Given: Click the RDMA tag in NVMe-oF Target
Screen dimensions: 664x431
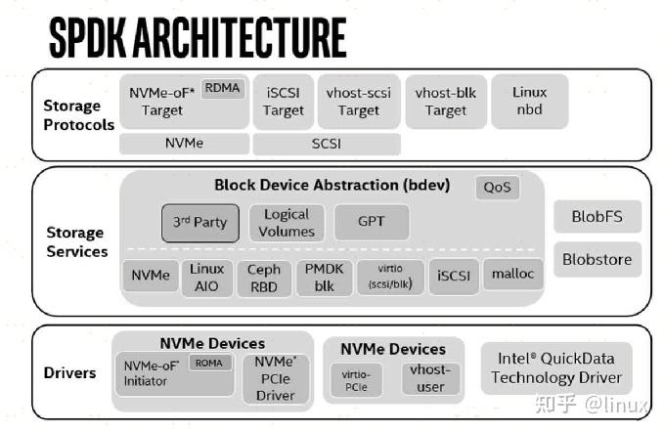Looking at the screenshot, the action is click(x=223, y=88).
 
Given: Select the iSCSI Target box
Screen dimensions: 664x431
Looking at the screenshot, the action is click(x=284, y=102).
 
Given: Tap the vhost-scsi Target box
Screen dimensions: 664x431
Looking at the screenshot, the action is click(x=359, y=102).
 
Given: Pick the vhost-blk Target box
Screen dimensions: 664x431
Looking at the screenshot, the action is click(x=446, y=102).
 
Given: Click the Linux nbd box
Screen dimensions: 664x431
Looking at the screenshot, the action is click(x=530, y=102).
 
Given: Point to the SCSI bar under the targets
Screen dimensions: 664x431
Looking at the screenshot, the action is click(x=327, y=144).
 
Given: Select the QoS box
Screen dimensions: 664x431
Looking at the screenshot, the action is click(x=498, y=187).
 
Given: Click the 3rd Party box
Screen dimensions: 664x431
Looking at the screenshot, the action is click(x=200, y=223).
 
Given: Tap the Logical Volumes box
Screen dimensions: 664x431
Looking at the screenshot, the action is click(x=287, y=223).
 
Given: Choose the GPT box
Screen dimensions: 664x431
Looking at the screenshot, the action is click(x=372, y=222).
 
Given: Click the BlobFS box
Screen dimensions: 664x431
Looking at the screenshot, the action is click(x=598, y=217).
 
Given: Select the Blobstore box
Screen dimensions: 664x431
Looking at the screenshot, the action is click(x=598, y=260).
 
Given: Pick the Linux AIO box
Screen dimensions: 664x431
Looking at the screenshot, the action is click(x=207, y=278).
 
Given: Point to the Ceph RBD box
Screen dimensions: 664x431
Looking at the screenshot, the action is click(x=264, y=279).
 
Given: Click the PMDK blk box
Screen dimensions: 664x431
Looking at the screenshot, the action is click(x=325, y=278).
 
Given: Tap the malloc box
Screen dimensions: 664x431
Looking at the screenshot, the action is click(x=512, y=275).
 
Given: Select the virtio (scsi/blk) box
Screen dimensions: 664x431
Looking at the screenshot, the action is click(x=390, y=277).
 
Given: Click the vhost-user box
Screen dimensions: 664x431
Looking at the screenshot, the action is click(x=430, y=378).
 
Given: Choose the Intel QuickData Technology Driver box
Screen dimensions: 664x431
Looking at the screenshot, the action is click(x=556, y=368).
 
